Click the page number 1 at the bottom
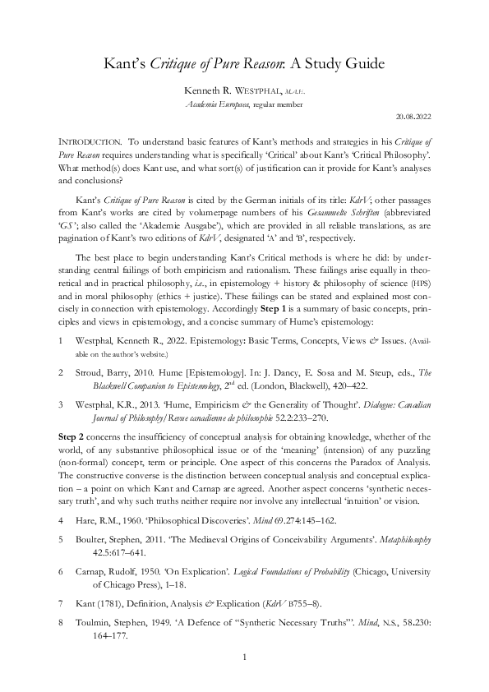[244, 657]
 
